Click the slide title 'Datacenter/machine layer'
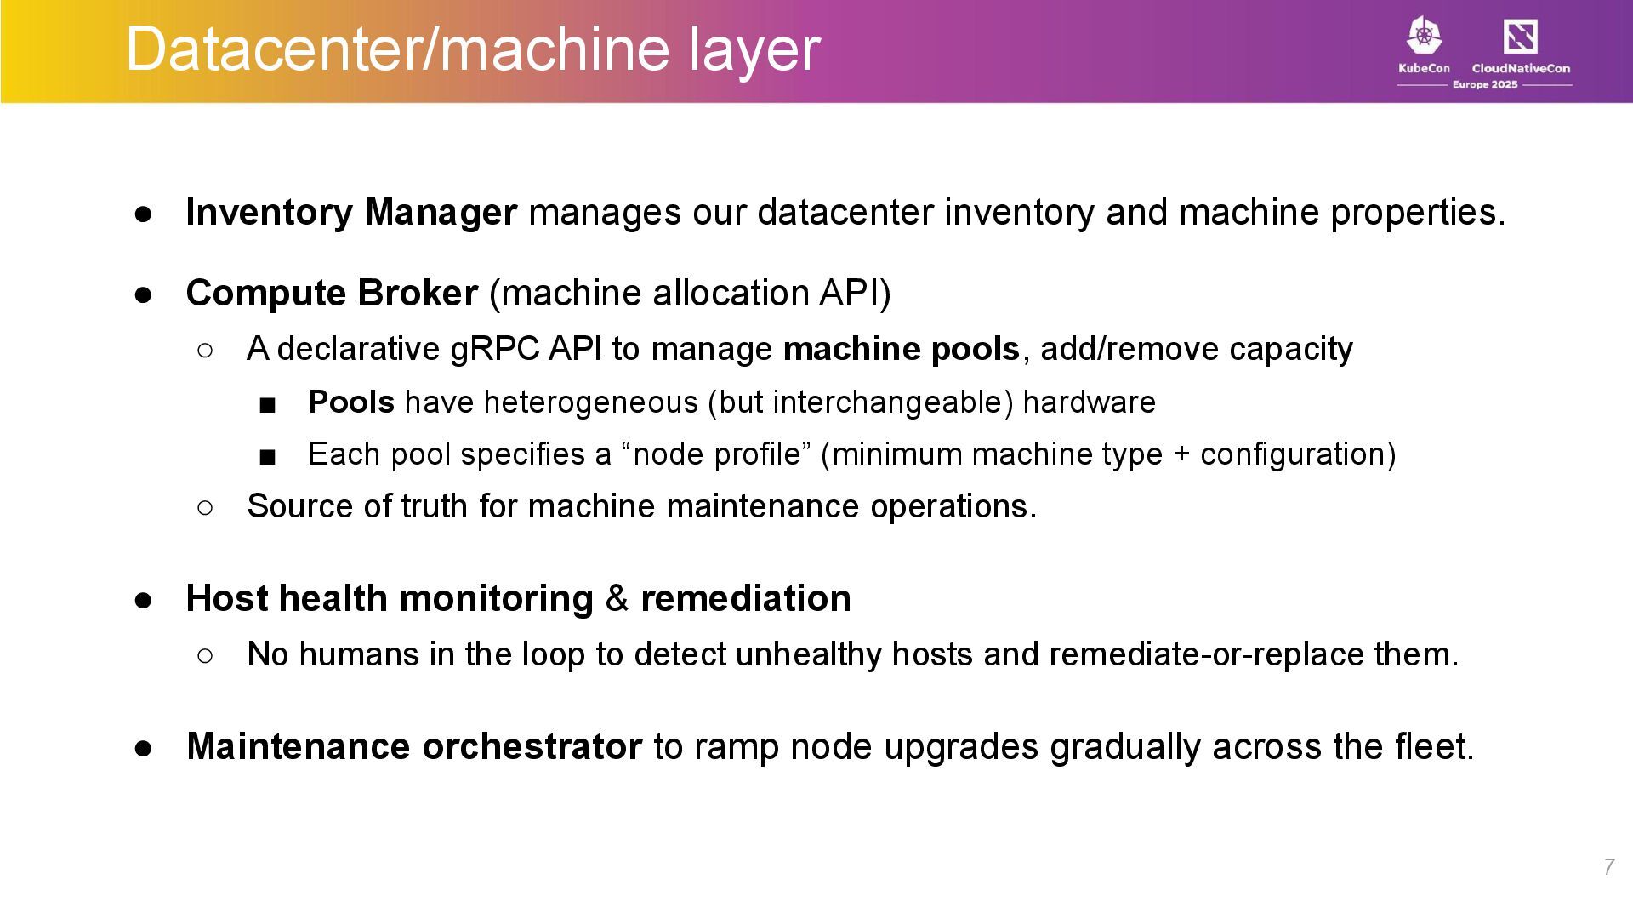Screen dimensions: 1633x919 (473, 49)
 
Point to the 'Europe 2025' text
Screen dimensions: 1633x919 (1484, 85)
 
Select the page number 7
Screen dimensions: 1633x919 (1608, 867)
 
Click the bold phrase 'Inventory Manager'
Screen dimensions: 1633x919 (351, 213)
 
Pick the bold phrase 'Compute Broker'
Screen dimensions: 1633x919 (332, 294)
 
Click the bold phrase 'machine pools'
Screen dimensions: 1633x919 (901, 350)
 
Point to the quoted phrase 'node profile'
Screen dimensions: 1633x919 (717, 454)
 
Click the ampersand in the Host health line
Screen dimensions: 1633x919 (617, 598)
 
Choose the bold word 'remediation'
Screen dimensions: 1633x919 (745, 598)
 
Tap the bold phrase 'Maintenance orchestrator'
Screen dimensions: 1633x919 (414, 747)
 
